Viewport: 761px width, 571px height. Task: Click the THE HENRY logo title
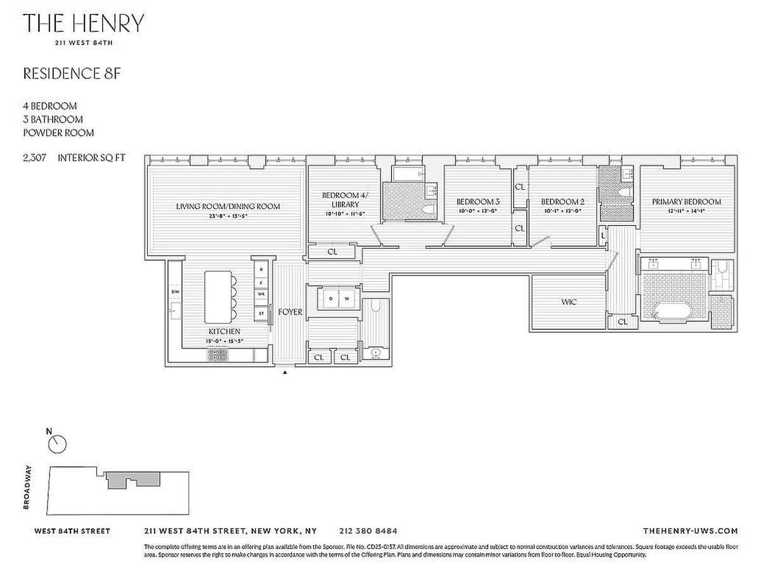pyautogui.click(x=84, y=24)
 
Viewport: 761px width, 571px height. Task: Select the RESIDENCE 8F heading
pyautogui.click(x=72, y=74)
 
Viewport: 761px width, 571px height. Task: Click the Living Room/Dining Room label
pyautogui.click(x=228, y=206)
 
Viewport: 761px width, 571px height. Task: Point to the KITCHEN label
pyautogui.click(x=225, y=332)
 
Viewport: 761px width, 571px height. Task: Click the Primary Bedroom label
pyautogui.click(x=686, y=202)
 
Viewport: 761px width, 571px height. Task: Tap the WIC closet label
pyautogui.click(x=569, y=303)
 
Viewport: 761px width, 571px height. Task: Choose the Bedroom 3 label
pyautogui.click(x=478, y=202)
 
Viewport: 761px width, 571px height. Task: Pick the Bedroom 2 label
pyautogui.click(x=563, y=202)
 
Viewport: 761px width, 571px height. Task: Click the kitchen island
pyautogui.click(x=217, y=297)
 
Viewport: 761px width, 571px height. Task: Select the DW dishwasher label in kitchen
pyautogui.click(x=174, y=292)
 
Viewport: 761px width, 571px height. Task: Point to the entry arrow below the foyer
pyautogui.click(x=285, y=372)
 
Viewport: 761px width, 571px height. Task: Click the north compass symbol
pyautogui.click(x=57, y=444)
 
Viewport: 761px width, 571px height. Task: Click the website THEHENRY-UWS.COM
pyautogui.click(x=690, y=531)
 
